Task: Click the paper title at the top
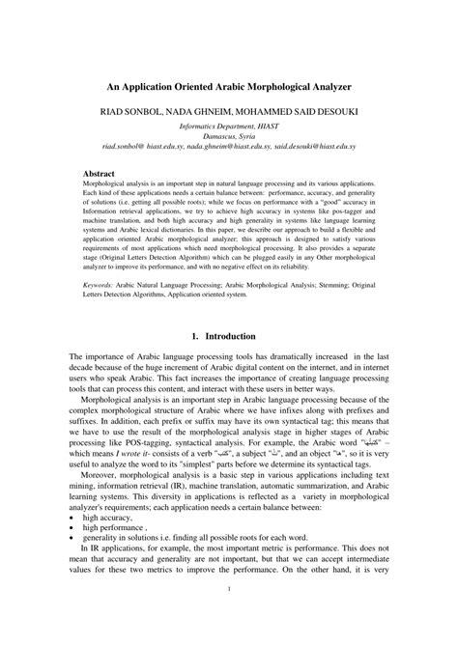(x=229, y=85)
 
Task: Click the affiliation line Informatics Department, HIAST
(x=229, y=126)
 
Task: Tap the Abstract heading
(x=100, y=174)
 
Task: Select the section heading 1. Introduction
(x=229, y=336)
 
